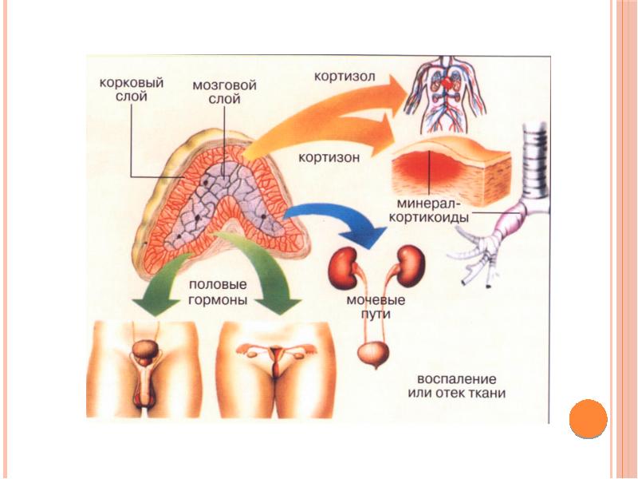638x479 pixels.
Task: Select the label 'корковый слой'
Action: coord(131,89)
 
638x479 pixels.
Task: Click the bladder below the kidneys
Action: coord(368,353)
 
